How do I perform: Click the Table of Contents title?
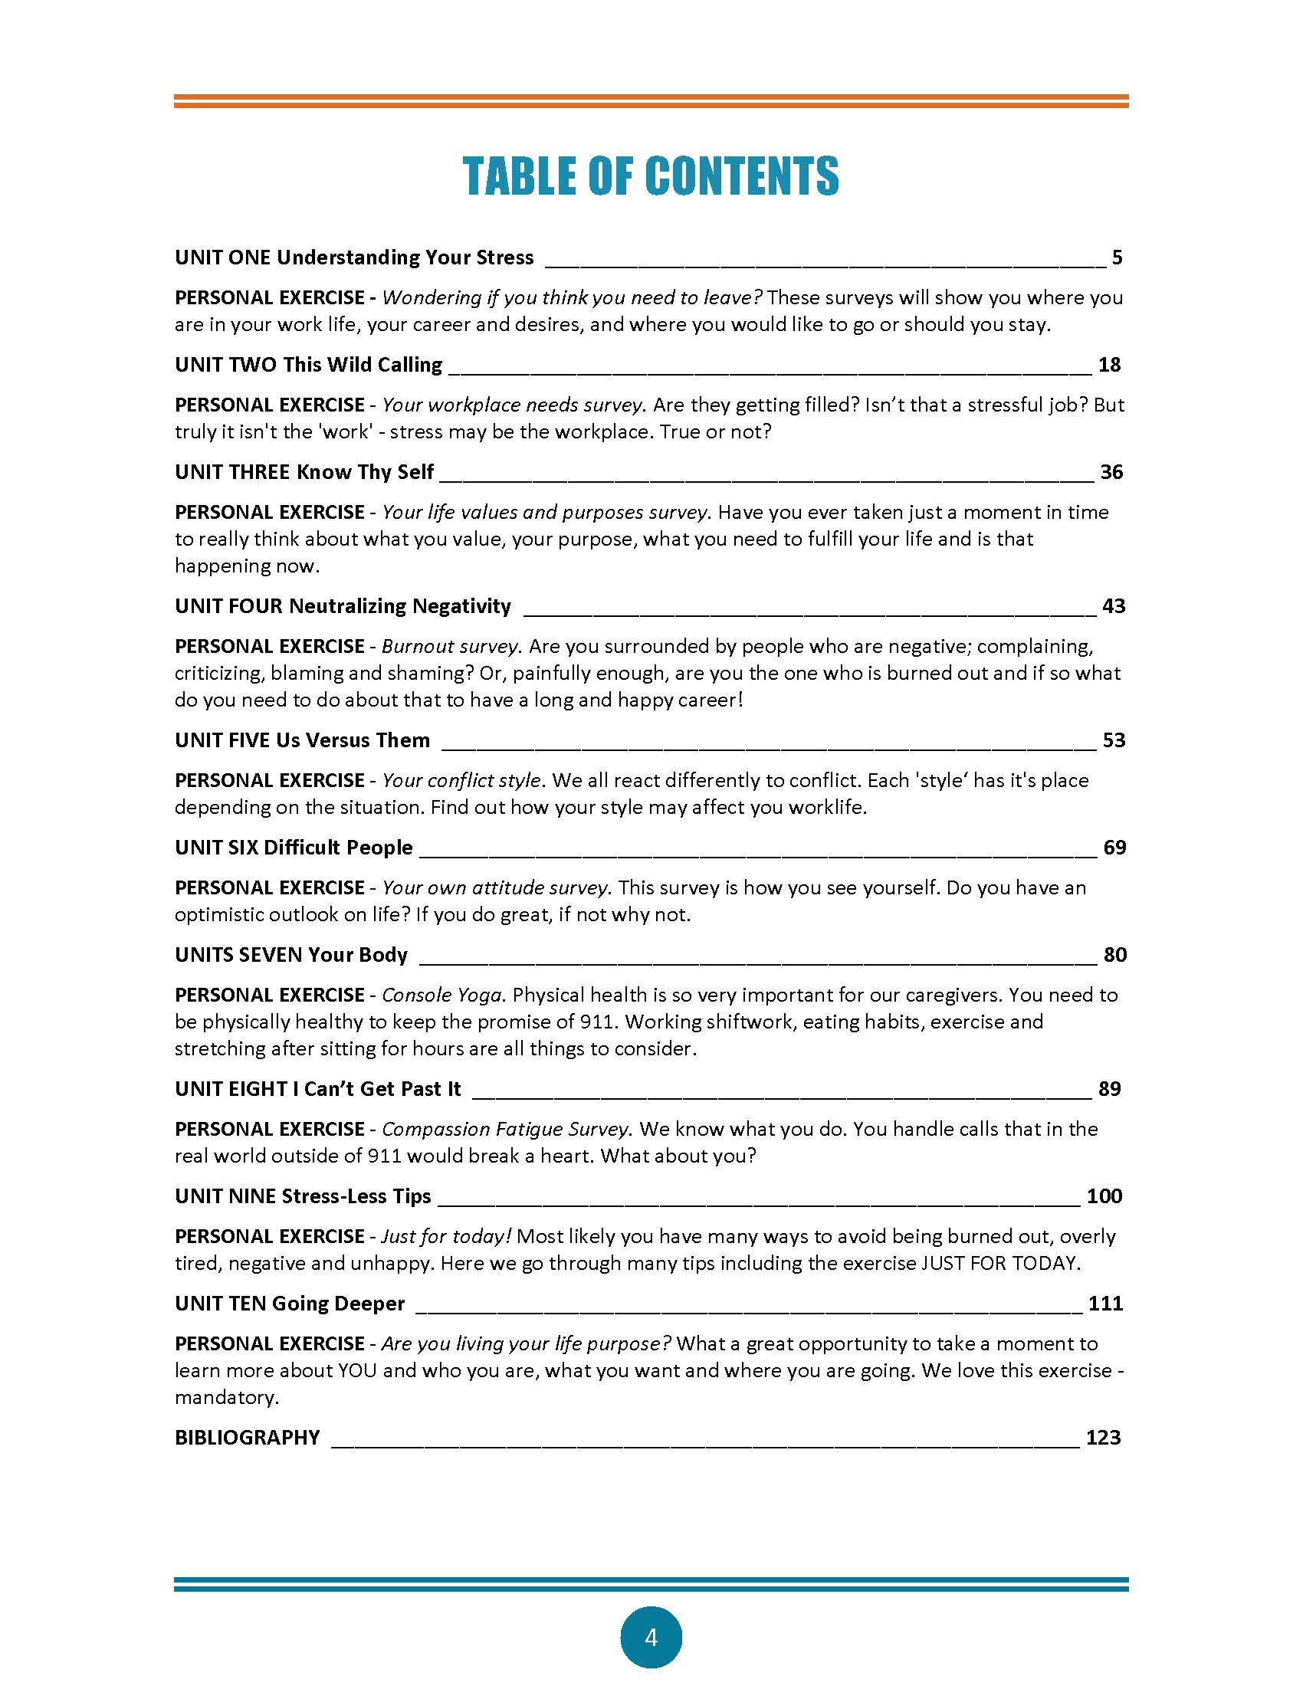(x=651, y=175)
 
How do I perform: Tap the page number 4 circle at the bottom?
(x=651, y=1637)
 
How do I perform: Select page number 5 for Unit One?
(x=1117, y=257)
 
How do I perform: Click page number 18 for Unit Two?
(x=1109, y=364)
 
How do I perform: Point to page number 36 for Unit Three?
(x=1111, y=471)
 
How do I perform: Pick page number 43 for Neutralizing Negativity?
(x=1113, y=606)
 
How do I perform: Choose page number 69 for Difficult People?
(x=1114, y=848)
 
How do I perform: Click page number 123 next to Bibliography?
(x=1103, y=1438)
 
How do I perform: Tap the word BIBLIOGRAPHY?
(x=247, y=1438)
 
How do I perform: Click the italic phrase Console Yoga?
(x=441, y=995)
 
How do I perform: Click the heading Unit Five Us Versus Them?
(x=302, y=740)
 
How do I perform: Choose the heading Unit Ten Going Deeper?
(x=290, y=1304)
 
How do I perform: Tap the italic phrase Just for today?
(x=446, y=1237)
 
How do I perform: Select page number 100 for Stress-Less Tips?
(x=1104, y=1196)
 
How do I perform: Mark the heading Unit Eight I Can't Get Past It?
(x=317, y=1089)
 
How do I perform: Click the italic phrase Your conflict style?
(x=461, y=780)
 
